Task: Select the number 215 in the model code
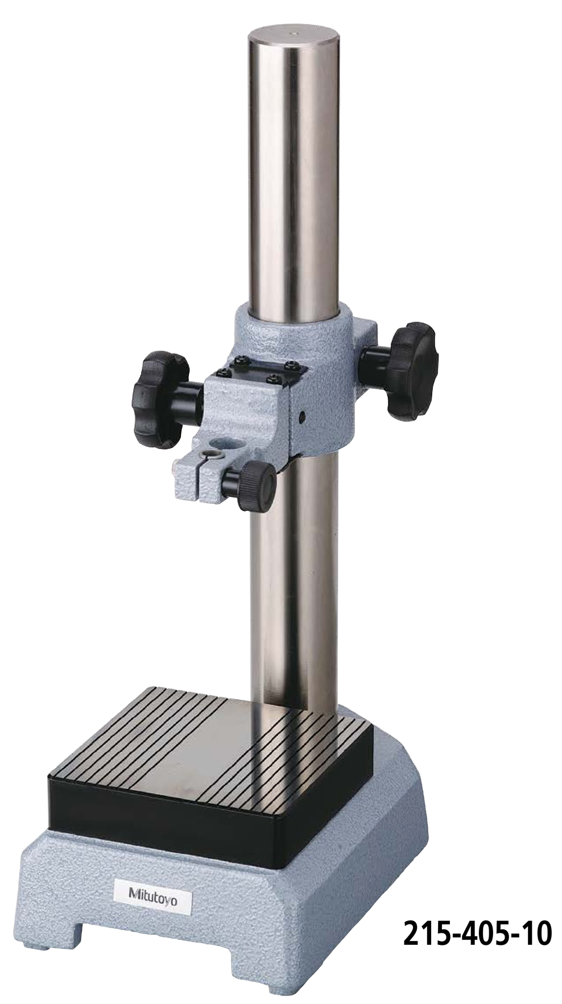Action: pos(424,934)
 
